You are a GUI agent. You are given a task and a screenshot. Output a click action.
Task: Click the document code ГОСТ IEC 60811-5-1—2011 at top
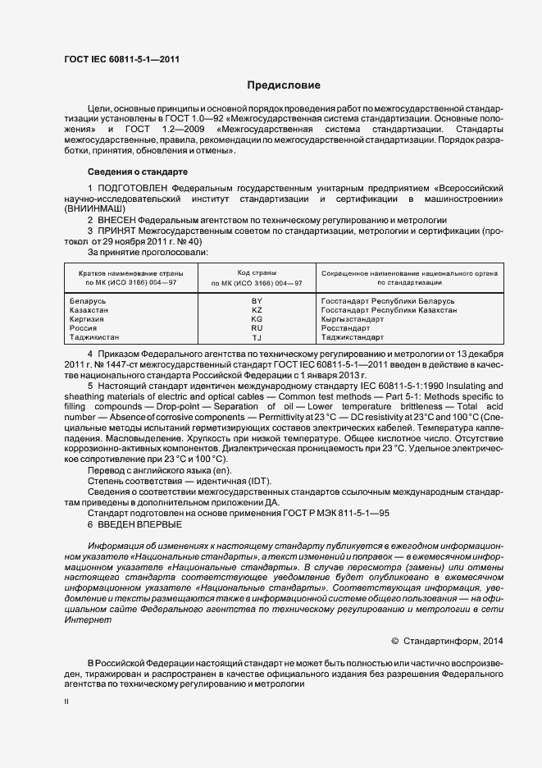pos(122,60)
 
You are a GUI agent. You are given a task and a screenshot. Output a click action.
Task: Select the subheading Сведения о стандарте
pos(137,171)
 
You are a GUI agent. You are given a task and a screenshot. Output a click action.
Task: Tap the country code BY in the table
pos(257,301)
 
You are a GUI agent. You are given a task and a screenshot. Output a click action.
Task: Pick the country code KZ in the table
pos(257,310)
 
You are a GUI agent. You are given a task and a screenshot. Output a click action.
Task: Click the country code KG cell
pos(257,319)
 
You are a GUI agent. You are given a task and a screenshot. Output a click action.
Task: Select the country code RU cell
pos(257,328)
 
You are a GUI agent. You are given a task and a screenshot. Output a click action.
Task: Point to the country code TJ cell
pos(257,337)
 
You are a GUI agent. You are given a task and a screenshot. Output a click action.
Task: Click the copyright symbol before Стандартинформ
pos(394,640)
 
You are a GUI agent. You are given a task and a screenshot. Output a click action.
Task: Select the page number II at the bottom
pos(66,702)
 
